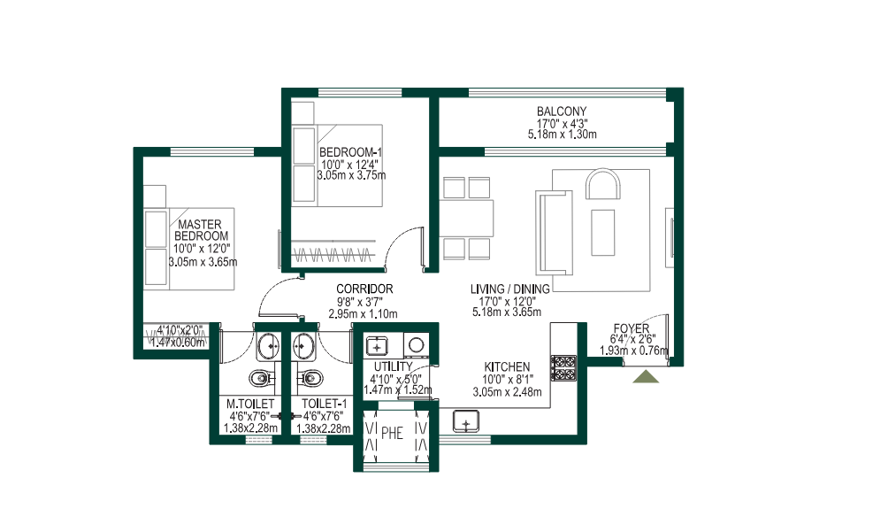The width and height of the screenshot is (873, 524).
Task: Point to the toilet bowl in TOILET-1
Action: click(x=310, y=380)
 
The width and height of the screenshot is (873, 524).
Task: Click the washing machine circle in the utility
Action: click(x=415, y=345)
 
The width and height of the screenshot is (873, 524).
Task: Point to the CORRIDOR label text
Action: click(x=364, y=289)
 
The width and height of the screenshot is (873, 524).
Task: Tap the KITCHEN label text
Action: click(x=507, y=367)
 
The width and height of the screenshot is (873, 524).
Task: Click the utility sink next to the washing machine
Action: click(x=377, y=345)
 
